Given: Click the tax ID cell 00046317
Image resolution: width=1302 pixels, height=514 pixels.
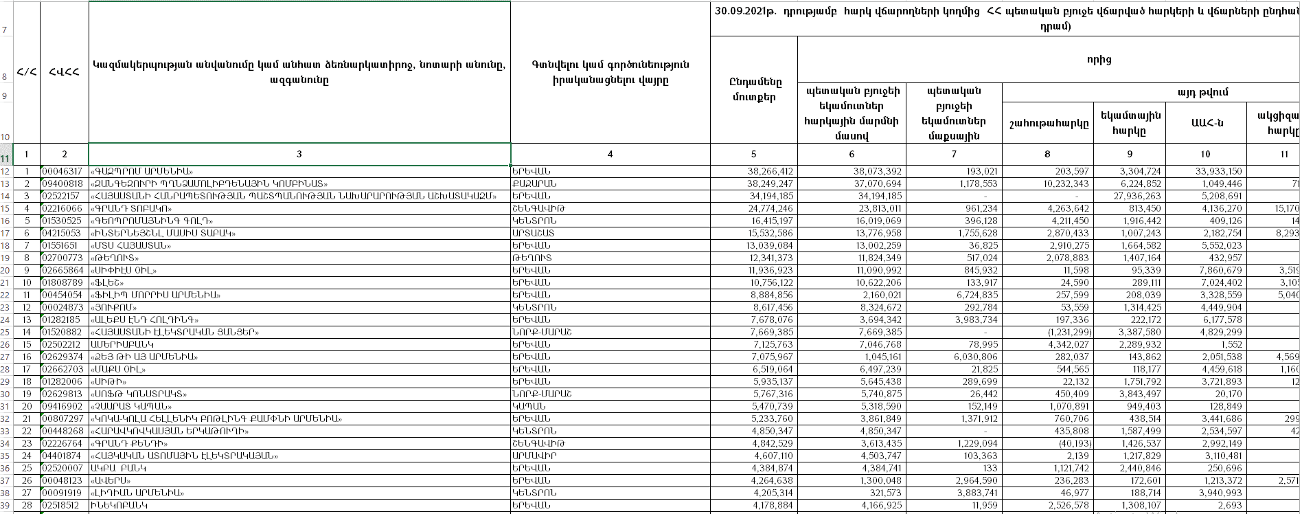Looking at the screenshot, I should [62, 172].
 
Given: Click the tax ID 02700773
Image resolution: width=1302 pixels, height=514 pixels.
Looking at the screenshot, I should [62, 258].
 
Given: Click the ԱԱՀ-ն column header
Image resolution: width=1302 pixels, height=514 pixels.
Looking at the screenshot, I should [1206, 123].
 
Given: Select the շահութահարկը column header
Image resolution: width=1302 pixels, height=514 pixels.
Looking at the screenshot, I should [1048, 124].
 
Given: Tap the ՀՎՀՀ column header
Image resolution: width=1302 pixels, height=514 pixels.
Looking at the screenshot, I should [64, 72].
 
